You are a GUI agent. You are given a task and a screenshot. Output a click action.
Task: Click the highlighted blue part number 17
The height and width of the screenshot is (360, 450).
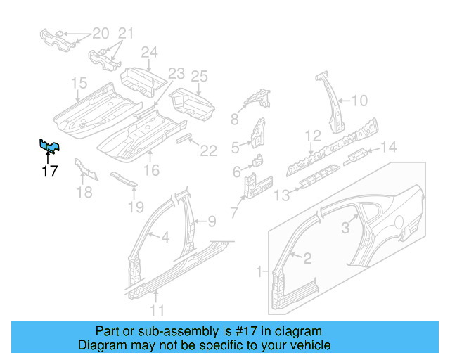coord(49,146)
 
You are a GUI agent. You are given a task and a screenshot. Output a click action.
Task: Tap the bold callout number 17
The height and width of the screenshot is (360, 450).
coord(49,170)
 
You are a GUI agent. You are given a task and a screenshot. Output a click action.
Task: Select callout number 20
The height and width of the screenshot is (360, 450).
coord(101,33)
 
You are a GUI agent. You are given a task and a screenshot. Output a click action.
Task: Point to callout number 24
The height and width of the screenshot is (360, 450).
coord(149,52)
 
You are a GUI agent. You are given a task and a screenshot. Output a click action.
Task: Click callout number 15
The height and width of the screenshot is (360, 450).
coord(78,85)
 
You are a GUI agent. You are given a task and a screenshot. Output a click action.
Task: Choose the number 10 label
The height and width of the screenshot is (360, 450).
coord(359,101)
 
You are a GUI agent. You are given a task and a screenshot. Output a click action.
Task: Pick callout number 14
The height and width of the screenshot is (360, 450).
coord(389,147)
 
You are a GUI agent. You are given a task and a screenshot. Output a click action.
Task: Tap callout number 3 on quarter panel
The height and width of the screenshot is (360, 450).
coord(345,226)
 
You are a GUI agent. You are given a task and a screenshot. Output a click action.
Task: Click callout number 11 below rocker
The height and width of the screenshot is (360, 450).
coord(157,309)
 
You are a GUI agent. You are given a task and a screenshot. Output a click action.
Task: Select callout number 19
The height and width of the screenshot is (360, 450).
coord(136,207)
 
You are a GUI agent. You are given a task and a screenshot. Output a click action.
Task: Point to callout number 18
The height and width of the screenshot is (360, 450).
coord(84,191)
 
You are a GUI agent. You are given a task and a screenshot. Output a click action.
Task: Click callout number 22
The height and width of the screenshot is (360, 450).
coord(209,150)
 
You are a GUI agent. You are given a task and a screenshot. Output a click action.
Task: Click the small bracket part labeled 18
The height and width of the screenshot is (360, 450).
coord(86,168)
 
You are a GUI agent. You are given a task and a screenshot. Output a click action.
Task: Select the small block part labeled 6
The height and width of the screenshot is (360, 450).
coord(257,160)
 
